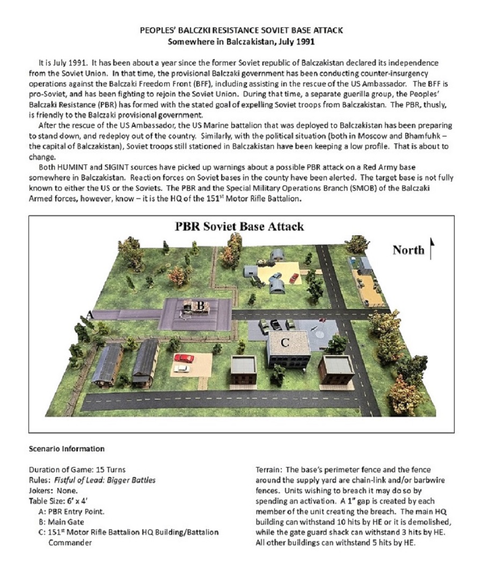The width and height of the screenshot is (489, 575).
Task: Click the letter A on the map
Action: (x=91, y=315)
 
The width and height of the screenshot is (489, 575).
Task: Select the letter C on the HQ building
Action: (x=285, y=341)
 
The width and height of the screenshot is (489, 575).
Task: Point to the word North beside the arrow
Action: (x=408, y=250)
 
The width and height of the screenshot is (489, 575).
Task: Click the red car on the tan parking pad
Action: (x=184, y=358)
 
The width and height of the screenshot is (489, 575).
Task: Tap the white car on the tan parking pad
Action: (x=181, y=369)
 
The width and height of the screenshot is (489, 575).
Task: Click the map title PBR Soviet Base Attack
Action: (x=239, y=226)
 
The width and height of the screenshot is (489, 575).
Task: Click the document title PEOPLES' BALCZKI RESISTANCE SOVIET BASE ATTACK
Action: (x=241, y=31)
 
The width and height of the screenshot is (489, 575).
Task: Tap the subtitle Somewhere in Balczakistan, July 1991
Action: (x=241, y=41)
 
